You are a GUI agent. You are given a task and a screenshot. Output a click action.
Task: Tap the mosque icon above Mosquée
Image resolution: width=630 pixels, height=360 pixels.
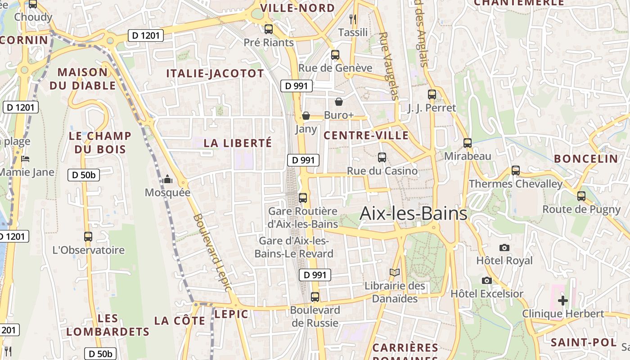(x=167, y=180)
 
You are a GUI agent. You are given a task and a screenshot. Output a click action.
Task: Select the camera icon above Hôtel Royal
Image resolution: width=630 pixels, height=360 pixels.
(x=504, y=247)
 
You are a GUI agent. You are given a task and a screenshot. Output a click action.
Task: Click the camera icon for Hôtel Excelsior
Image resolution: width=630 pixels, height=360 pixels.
(x=486, y=280)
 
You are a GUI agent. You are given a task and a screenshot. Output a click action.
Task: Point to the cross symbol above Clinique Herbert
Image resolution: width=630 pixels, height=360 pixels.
(x=562, y=300)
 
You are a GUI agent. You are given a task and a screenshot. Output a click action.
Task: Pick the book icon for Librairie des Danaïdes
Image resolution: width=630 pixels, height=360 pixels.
(x=395, y=272)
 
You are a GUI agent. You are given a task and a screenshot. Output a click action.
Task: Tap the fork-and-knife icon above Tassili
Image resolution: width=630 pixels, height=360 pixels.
(x=353, y=19)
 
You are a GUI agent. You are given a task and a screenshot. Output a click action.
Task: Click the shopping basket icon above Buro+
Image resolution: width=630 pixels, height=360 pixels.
(x=339, y=102)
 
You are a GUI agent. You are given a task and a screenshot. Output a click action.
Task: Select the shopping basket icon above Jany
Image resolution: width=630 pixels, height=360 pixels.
(x=306, y=116)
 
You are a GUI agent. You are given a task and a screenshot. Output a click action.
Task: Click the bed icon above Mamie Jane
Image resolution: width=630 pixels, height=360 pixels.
(x=26, y=159)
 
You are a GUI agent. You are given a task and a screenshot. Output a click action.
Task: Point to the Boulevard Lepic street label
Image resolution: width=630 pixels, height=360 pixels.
(x=212, y=252)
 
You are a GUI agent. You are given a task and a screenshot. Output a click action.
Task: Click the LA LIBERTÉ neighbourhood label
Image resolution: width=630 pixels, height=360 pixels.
(x=238, y=143)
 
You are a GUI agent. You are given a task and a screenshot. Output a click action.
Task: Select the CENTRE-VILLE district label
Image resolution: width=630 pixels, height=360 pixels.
(x=366, y=135)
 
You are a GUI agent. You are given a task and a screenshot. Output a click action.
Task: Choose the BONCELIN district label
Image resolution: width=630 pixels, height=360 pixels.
(x=586, y=158)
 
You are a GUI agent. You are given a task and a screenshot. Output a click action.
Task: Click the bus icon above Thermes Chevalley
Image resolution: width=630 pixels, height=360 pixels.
(x=516, y=171)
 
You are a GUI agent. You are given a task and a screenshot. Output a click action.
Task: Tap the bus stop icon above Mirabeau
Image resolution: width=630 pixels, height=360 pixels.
(x=468, y=143)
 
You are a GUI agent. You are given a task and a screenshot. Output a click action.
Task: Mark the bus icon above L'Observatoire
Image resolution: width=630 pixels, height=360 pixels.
(x=88, y=236)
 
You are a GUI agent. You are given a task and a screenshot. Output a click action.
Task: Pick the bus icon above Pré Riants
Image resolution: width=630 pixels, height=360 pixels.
(x=269, y=29)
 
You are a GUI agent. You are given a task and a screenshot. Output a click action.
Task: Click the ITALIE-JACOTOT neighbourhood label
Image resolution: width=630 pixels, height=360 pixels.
(x=215, y=74)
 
